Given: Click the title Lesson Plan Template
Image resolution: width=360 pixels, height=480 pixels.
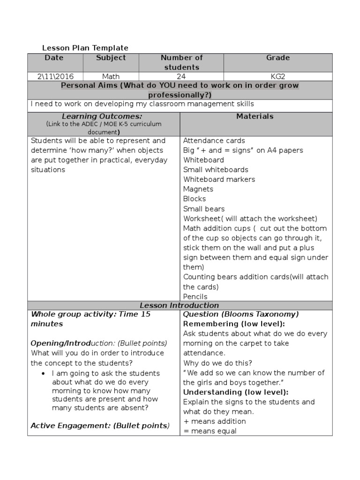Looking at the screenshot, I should [85, 48].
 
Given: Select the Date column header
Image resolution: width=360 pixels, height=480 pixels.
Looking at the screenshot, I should [54, 58].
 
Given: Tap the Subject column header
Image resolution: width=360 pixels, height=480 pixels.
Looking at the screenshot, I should [111, 58].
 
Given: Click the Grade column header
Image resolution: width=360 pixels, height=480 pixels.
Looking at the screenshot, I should [278, 58].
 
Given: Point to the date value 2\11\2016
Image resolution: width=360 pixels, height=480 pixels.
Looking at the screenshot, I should [55, 76].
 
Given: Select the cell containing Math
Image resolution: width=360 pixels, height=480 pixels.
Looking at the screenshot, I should [111, 76].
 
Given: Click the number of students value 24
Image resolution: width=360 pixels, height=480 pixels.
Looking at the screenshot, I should [181, 76].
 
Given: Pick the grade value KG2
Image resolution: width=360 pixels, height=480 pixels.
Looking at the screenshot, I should [278, 76].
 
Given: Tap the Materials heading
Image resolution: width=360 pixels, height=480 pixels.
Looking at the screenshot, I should [255, 116].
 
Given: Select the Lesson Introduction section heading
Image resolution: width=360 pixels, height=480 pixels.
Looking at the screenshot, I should [179, 306].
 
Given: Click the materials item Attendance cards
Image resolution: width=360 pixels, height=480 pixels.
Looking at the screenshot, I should [214, 141].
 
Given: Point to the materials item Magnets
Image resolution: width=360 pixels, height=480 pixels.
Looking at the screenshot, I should [198, 189].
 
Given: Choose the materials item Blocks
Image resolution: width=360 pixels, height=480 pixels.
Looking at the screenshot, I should [195, 199].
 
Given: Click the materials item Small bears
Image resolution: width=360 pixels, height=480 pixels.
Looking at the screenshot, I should [204, 209].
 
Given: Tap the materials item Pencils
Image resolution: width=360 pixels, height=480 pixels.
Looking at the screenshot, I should [195, 297].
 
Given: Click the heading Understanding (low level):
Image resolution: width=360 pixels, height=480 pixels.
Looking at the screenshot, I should [235, 392].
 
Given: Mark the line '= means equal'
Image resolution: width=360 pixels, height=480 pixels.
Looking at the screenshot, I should [210, 431].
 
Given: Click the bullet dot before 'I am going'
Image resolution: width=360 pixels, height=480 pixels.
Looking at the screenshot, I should [43, 374].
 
